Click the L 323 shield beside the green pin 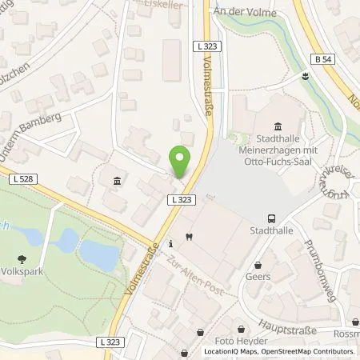click(178, 198)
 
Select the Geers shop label click(258, 277)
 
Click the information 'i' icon click(170, 243)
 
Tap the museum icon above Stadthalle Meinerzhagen click(278, 126)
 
